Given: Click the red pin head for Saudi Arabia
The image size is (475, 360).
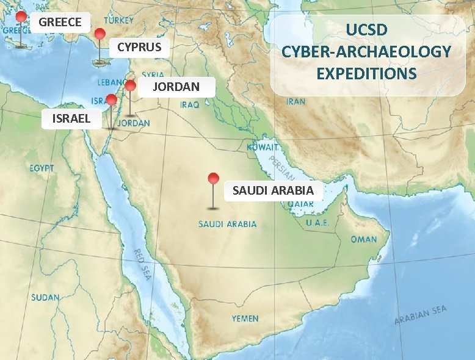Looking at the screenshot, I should [213, 178].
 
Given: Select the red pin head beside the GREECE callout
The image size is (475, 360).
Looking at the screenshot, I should [21, 16].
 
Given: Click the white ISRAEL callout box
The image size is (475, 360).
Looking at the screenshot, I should [71, 118].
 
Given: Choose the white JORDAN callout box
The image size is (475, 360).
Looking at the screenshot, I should [176, 87].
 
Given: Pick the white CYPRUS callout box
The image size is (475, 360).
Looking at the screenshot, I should [139, 47].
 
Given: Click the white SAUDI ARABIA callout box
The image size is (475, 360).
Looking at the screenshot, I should [273, 190].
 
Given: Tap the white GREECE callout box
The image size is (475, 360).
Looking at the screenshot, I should [60, 23].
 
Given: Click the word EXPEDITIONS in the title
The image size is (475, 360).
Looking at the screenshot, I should [367, 74].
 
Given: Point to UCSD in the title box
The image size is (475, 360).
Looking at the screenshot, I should [367, 30].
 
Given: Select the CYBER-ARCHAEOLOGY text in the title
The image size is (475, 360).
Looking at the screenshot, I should [367, 52].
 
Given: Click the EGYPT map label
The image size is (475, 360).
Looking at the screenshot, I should [42, 168].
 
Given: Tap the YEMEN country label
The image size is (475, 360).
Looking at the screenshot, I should [245, 319].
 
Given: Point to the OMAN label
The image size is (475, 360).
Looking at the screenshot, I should [364, 239].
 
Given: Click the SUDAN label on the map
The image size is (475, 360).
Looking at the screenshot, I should [46, 297].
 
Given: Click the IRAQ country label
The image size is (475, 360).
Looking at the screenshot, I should [189, 105].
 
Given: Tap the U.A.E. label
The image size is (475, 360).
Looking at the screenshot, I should [317, 223].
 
